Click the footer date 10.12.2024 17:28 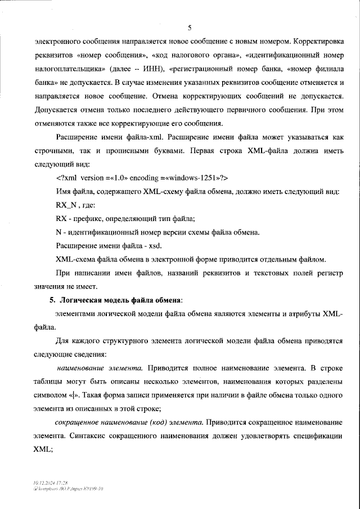(50, 483)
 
